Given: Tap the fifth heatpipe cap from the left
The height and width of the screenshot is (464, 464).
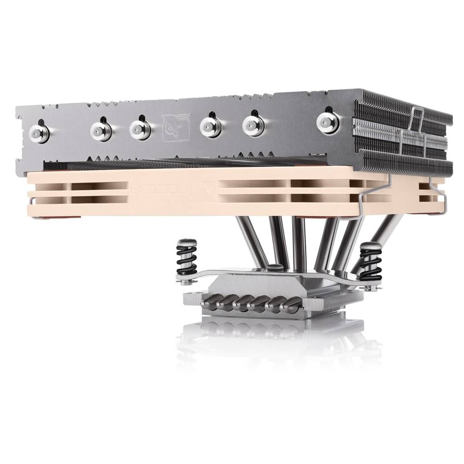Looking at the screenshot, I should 254,125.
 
